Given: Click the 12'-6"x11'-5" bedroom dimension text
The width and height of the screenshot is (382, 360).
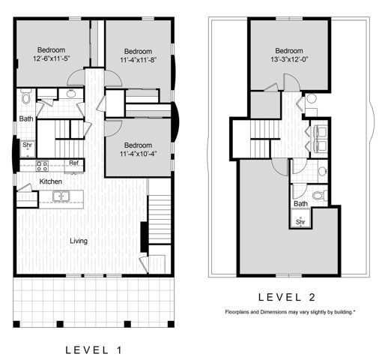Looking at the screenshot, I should click(x=52, y=58).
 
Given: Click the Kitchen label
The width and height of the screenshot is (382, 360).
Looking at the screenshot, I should click(x=30, y=181).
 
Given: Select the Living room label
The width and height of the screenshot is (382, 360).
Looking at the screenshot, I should click(x=79, y=241).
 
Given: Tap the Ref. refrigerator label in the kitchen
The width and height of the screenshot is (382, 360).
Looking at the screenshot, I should click(x=73, y=163).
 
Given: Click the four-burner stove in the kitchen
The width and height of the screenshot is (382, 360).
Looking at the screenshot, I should click(x=43, y=165).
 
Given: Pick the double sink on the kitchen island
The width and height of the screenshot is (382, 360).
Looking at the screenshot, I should click(x=61, y=196).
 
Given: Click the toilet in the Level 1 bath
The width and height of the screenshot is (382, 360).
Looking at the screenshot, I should click(x=25, y=97).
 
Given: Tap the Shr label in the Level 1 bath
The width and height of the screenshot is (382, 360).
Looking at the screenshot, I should click(x=27, y=145).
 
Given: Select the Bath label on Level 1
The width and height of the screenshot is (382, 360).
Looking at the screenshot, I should click(x=25, y=118).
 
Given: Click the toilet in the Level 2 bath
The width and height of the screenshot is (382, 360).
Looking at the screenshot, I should click(x=318, y=196).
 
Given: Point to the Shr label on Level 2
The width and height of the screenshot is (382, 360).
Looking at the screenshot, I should click(x=300, y=222).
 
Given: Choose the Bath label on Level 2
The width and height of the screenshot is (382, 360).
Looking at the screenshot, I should click(x=300, y=203).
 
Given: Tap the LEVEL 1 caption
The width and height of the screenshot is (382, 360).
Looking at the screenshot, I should click(x=93, y=349).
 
